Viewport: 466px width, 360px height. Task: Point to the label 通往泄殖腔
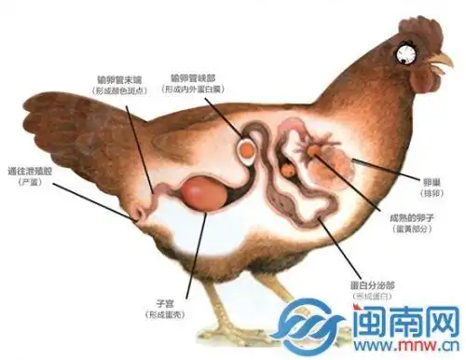click(x=31, y=170)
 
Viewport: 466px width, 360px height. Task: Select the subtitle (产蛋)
click(x=31, y=182)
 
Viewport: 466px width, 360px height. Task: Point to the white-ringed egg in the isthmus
click(x=249, y=148)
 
